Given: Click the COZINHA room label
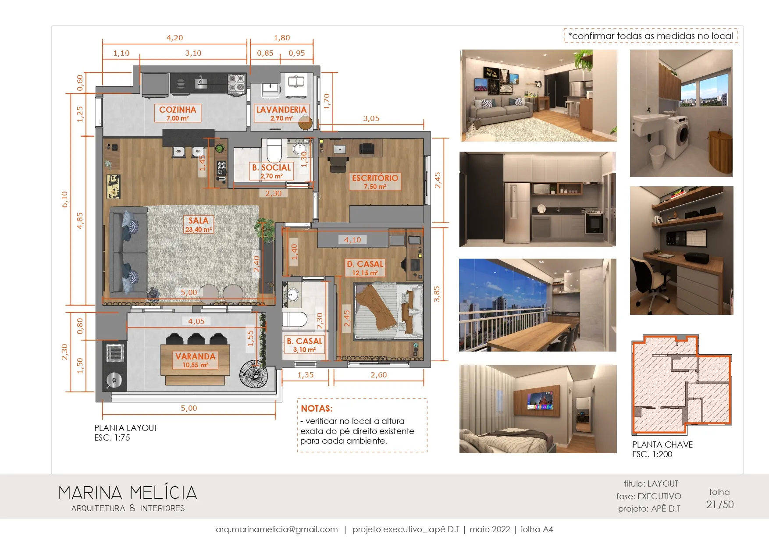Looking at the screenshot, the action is [178, 110].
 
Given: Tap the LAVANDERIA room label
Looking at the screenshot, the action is [281, 110].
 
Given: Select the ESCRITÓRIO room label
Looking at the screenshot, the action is [375, 178].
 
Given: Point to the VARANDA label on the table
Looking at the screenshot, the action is [196, 356].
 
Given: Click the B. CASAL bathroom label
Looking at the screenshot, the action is [304, 341].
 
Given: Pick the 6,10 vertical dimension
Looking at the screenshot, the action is [65, 199].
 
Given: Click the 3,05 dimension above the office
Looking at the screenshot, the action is [371, 118].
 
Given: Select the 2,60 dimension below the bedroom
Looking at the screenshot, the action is [379, 375].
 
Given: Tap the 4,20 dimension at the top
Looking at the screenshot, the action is [175, 38].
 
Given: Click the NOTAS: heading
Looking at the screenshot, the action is [317, 409].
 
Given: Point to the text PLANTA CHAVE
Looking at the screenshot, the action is [662, 444].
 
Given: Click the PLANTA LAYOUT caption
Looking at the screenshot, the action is [126, 428].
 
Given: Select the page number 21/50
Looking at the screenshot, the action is [720, 505].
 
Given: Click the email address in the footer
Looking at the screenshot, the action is [277, 530].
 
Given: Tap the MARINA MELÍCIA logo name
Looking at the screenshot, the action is [128, 493].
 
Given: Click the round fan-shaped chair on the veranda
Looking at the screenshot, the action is [253, 374].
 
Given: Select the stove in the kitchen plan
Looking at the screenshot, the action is [236, 84].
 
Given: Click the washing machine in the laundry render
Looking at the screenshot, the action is [678, 136].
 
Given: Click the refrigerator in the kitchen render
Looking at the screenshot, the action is [517, 212].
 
